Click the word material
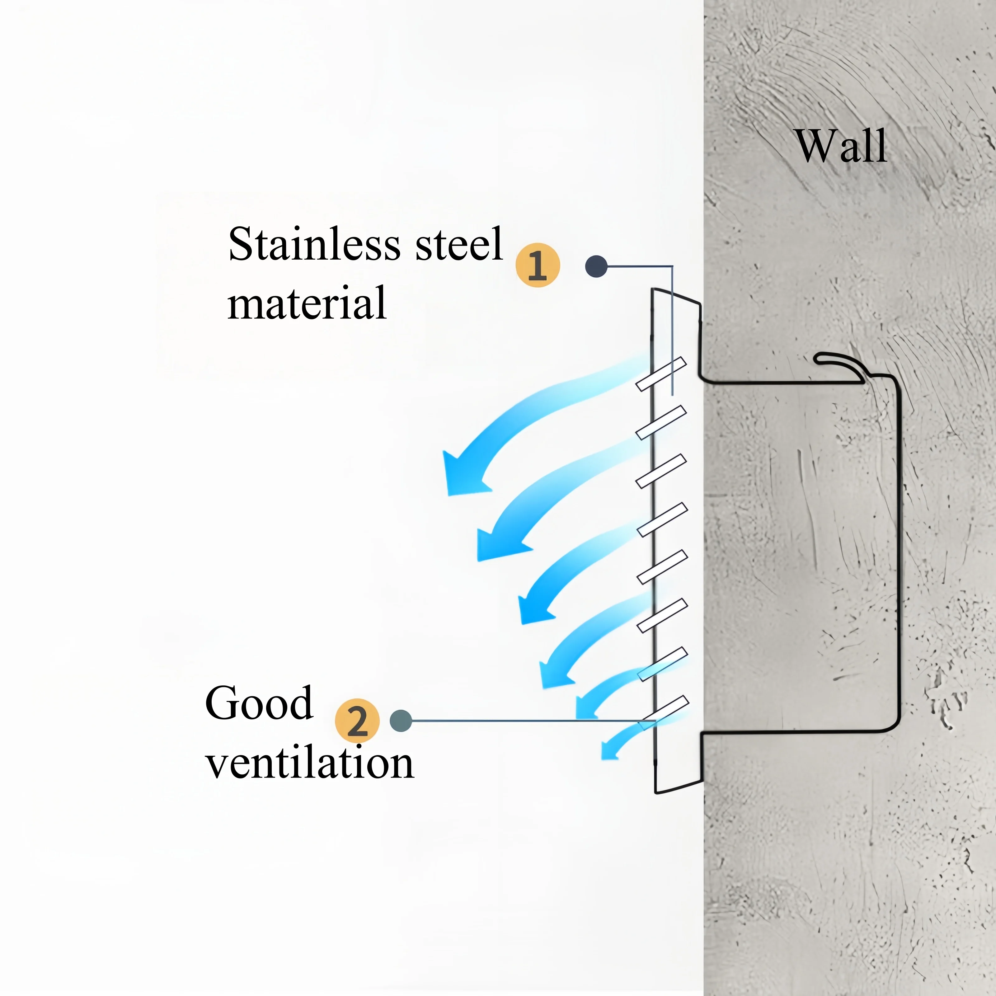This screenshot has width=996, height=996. tap(307, 304)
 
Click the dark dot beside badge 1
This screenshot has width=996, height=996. tap(596, 266)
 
